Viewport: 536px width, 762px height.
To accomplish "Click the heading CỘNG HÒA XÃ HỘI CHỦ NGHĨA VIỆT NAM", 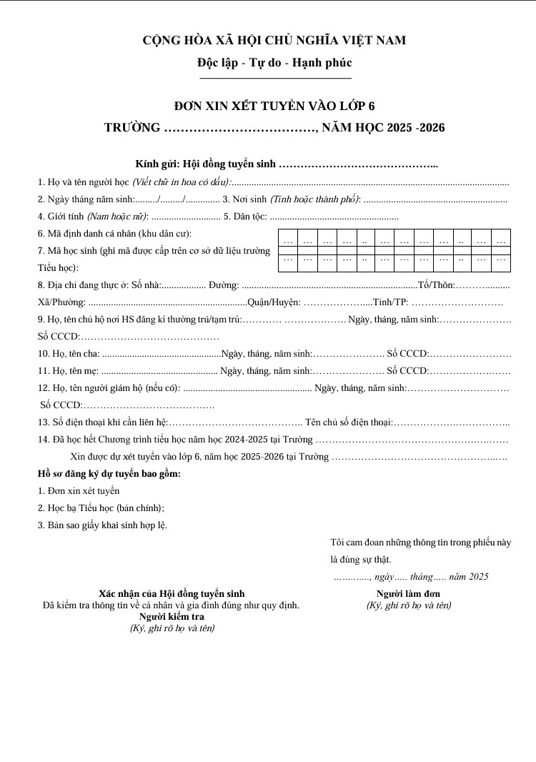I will pyautogui.click(x=274, y=41).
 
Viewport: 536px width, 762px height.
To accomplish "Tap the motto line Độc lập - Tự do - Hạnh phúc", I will pyautogui.click(x=274, y=63).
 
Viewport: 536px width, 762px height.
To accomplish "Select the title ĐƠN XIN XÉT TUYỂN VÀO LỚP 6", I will pyautogui.click(x=274, y=107).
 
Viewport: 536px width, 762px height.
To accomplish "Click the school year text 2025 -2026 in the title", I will pyautogui.click(x=415, y=128).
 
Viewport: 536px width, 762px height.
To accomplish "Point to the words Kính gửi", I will pyautogui.click(x=156, y=164).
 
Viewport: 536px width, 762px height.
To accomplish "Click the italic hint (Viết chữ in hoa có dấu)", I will pyautogui.click(x=182, y=182).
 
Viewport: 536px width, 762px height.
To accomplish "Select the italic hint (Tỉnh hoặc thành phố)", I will pyautogui.click(x=315, y=199).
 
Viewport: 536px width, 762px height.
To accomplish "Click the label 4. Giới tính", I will pyautogui.click(x=61, y=217).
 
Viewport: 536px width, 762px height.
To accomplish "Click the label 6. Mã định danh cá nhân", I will pyautogui.click(x=114, y=234).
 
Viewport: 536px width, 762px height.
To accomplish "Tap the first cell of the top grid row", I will pyautogui.click(x=288, y=240).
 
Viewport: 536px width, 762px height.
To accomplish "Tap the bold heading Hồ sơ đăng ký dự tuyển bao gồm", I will pyautogui.click(x=109, y=474).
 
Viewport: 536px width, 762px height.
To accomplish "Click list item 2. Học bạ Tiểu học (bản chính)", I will pyautogui.click(x=101, y=508).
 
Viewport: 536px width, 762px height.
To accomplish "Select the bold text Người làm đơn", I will pyautogui.click(x=408, y=594).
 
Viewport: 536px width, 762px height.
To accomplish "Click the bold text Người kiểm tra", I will pyautogui.click(x=172, y=616).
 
